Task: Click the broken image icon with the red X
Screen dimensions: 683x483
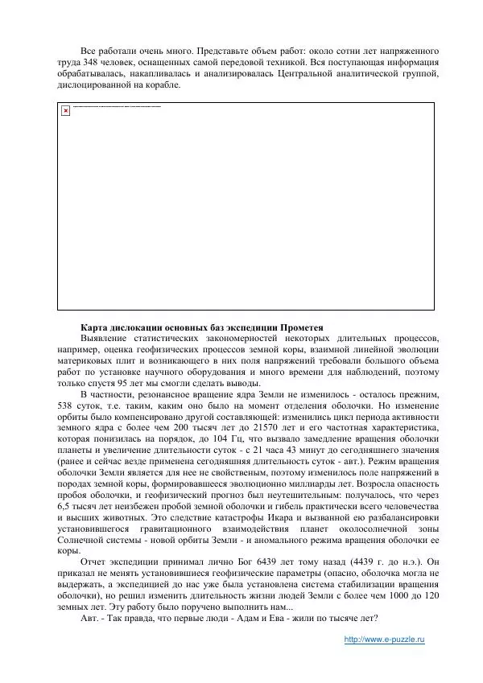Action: (x=66, y=110)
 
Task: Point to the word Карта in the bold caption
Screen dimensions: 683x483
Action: (x=95, y=327)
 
